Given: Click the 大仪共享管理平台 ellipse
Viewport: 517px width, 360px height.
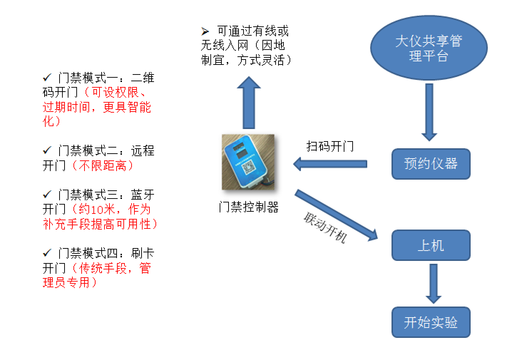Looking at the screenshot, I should coord(429,48).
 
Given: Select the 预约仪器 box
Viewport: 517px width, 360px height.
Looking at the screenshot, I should coord(431,164).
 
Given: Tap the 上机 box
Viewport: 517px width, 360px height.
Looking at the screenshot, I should coord(431,245).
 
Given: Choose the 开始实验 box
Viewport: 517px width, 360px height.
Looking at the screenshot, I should coord(431,322).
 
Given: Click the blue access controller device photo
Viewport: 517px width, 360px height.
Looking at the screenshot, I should coord(248,162).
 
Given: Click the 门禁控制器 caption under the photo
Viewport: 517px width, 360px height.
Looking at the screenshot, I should coord(249,207).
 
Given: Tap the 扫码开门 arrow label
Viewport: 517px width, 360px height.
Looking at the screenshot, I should coord(330,146).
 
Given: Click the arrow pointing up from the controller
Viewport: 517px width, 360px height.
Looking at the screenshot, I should coord(249,103).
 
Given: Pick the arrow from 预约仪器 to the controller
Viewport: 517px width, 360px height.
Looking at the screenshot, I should coord(330,164).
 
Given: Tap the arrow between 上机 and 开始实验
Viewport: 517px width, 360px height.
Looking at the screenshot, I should coord(433,283).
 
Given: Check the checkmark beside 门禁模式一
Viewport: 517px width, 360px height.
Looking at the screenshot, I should coord(47,77).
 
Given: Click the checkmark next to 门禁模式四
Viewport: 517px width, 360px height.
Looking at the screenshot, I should coord(47,253).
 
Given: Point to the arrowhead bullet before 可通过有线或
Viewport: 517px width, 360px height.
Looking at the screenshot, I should coord(205,32).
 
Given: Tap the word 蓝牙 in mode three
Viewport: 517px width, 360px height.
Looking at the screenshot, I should coord(143,195).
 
